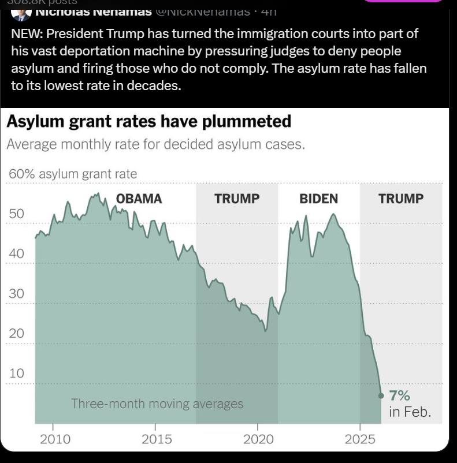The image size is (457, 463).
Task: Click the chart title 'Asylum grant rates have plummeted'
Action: coord(148,122)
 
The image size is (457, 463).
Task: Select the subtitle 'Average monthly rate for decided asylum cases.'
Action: coord(155,144)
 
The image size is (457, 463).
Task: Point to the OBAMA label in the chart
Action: coord(139,199)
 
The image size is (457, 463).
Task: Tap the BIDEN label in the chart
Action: coord(318,199)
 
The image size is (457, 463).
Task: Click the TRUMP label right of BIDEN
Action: coord(401,199)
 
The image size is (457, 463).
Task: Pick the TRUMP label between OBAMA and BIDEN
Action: coord(237,199)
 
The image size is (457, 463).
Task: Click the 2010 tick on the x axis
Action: coord(55,439)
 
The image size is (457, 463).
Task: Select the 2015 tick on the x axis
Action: coord(157,439)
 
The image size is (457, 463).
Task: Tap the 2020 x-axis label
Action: coord(258,439)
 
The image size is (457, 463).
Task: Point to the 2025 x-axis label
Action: coord(360,439)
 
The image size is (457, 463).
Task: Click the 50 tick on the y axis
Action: coord(16,214)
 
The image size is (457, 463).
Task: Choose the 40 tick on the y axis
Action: coord(16,253)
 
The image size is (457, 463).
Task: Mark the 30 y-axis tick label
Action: coord(16,293)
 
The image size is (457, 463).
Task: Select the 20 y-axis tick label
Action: coord(16,333)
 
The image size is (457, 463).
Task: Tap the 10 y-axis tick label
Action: coord(16,373)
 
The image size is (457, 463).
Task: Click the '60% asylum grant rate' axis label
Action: coord(73,173)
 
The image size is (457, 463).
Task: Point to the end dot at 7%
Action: coord(381,395)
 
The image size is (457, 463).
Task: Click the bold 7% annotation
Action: coord(399,395)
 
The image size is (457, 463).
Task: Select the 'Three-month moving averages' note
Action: coord(157,404)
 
